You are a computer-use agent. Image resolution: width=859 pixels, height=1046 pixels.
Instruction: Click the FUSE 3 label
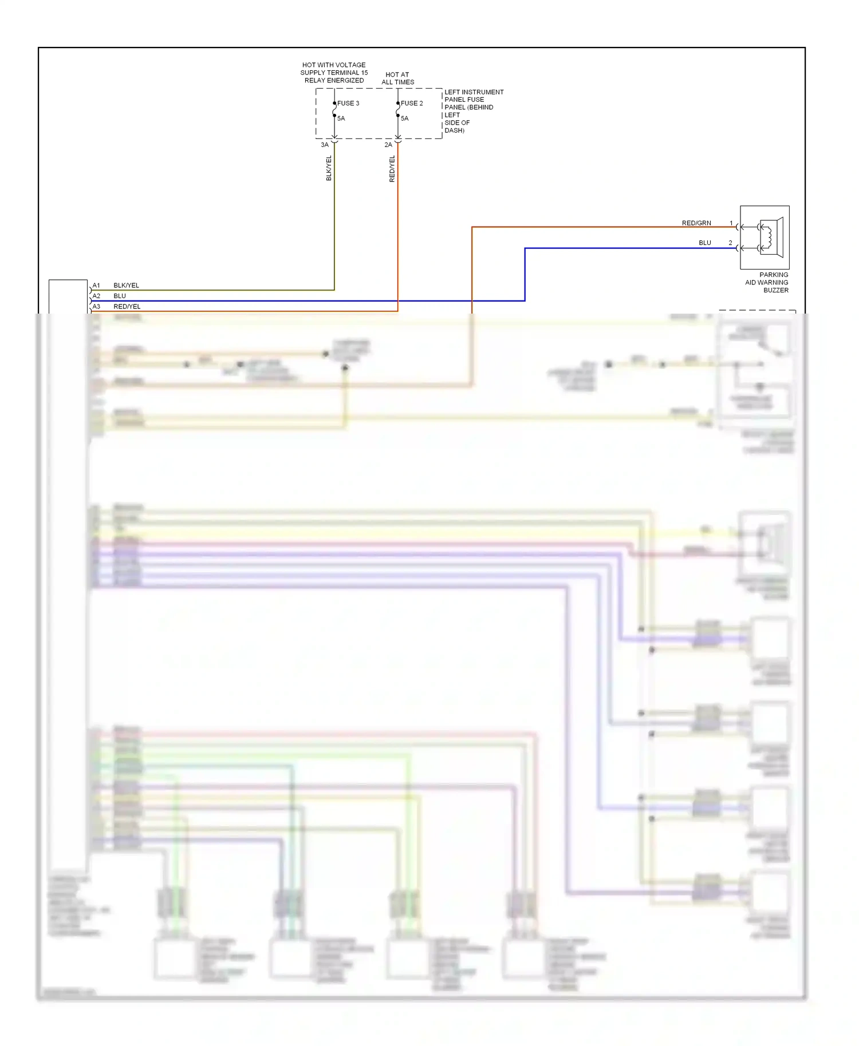click(348, 104)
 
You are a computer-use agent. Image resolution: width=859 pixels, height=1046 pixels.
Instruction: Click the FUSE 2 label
click(411, 104)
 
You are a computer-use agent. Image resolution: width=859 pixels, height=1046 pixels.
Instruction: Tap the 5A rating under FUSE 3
click(341, 118)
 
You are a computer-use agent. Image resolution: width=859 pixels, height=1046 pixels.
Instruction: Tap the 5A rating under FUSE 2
click(404, 118)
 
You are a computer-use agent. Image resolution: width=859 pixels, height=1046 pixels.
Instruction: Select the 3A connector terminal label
click(325, 145)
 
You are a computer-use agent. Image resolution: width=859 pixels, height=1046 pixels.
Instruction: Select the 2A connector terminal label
click(388, 145)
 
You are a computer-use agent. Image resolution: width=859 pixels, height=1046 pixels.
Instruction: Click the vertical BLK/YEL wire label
click(329, 168)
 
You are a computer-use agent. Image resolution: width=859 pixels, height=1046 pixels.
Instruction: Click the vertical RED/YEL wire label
click(392, 169)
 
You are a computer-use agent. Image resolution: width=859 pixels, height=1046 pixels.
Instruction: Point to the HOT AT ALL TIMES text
click(397, 78)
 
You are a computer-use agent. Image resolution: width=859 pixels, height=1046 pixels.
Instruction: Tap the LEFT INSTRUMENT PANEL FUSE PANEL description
click(473, 111)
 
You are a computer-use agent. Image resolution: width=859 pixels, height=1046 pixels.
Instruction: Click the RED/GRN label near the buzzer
click(696, 223)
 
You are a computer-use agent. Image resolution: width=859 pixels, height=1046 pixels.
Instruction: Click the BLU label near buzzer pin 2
click(705, 243)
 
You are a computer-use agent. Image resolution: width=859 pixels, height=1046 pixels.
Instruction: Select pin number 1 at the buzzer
click(731, 223)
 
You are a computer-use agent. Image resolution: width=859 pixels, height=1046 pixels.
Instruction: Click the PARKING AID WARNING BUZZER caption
click(767, 283)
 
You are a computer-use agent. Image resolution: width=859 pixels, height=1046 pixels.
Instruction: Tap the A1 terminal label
click(96, 286)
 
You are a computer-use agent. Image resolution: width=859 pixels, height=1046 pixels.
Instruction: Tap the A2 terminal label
click(96, 296)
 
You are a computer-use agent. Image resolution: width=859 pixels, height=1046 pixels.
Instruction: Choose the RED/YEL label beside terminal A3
click(127, 307)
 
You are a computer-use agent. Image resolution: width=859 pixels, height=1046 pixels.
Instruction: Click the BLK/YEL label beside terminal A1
click(126, 286)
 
